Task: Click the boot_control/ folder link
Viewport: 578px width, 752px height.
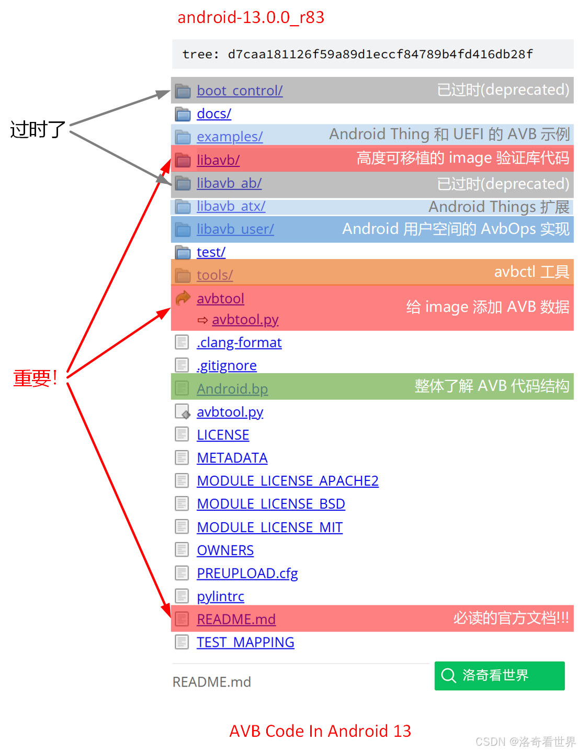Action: tap(240, 91)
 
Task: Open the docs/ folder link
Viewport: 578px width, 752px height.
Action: tap(214, 114)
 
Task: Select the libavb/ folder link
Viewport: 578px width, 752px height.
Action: tap(218, 160)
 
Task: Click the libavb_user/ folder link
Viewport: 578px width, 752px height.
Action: tap(235, 229)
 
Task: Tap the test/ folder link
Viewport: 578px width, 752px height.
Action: tap(211, 252)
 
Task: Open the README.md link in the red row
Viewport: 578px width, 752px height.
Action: tap(236, 620)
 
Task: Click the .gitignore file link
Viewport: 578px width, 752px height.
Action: tap(226, 365)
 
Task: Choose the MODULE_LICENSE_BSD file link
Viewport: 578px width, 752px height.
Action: tap(270, 504)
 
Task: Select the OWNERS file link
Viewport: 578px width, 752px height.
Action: tap(225, 551)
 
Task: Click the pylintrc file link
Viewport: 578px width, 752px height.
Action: tap(220, 597)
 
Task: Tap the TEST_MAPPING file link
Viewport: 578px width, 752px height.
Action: tap(245, 643)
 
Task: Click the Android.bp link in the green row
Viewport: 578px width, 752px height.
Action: tap(232, 389)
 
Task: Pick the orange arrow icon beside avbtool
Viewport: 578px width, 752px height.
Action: tap(183, 298)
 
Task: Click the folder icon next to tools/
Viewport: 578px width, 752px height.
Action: tap(183, 275)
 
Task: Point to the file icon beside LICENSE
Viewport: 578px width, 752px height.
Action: tap(182, 434)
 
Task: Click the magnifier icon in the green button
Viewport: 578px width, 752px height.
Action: tap(448, 676)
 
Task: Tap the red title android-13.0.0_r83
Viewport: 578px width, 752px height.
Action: tap(251, 17)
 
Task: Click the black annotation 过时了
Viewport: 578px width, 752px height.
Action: tap(38, 129)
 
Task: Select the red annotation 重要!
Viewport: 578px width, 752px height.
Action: tap(35, 378)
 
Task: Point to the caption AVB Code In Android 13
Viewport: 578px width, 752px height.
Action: tap(320, 731)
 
